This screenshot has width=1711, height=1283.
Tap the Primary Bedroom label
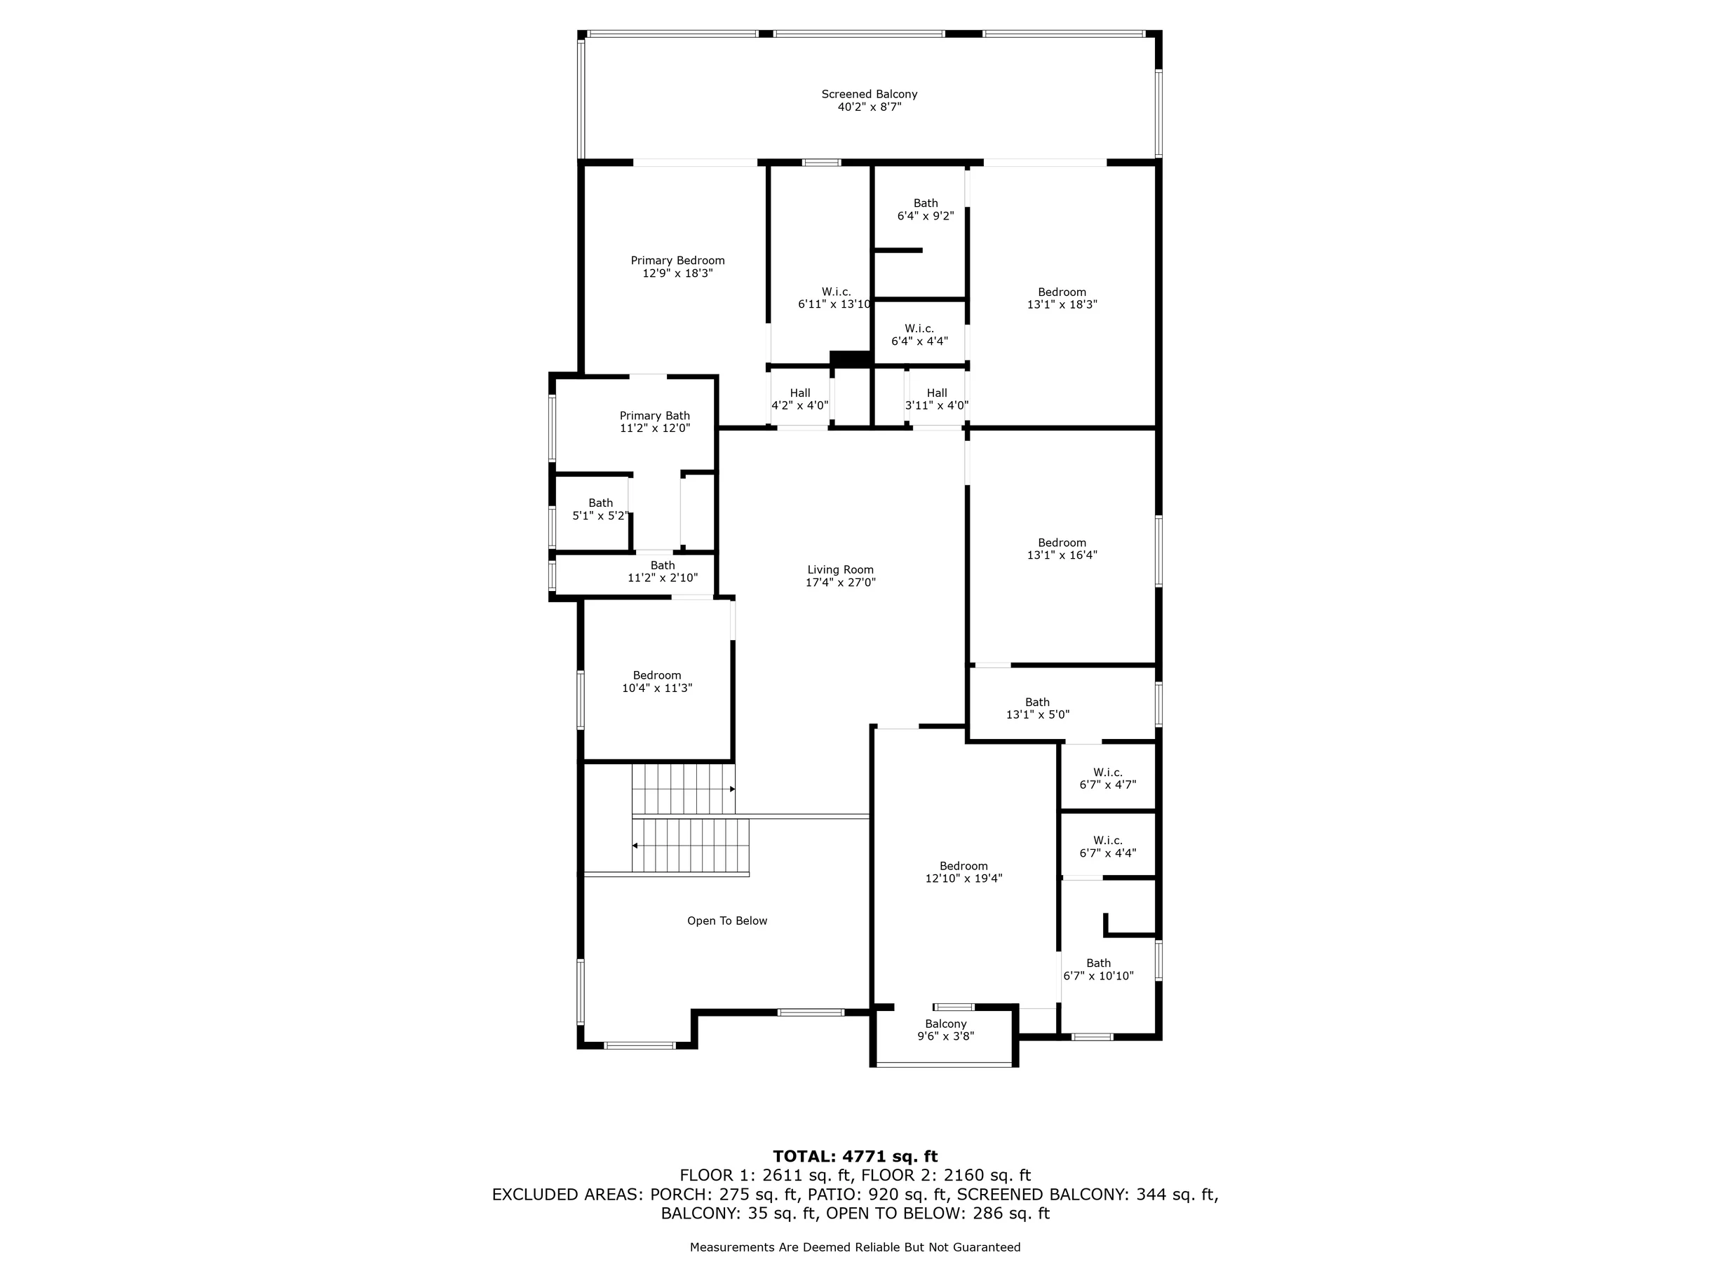click(677, 261)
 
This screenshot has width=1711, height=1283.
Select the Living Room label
click(841, 570)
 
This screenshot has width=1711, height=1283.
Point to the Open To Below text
click(727, 921)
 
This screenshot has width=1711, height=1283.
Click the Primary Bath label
click(654, 416)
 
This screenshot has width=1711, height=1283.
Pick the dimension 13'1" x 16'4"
click(1062, 555)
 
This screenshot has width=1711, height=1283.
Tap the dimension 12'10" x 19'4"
click(963, 878)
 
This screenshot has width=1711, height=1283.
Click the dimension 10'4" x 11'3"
click(657, 688)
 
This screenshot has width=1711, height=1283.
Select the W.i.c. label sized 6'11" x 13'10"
click(836, 292)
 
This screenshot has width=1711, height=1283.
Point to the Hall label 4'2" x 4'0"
click(800, 393)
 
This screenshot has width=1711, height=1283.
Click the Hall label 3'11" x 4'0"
click(937, 393)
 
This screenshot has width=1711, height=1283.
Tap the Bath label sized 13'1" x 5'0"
click(1037, 702)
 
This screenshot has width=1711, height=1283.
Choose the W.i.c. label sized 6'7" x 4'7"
click(1108, 773)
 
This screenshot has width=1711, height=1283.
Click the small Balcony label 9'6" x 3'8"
click(946, 1024)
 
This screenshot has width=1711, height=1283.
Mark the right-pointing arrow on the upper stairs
click(733, 789)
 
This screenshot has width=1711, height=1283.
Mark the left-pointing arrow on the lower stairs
click(635, 846)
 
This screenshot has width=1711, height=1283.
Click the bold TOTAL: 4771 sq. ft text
click(856, 1156)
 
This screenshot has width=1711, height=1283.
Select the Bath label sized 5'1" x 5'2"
click(600, 503)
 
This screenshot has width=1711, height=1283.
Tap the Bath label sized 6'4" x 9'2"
click(925, 203)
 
